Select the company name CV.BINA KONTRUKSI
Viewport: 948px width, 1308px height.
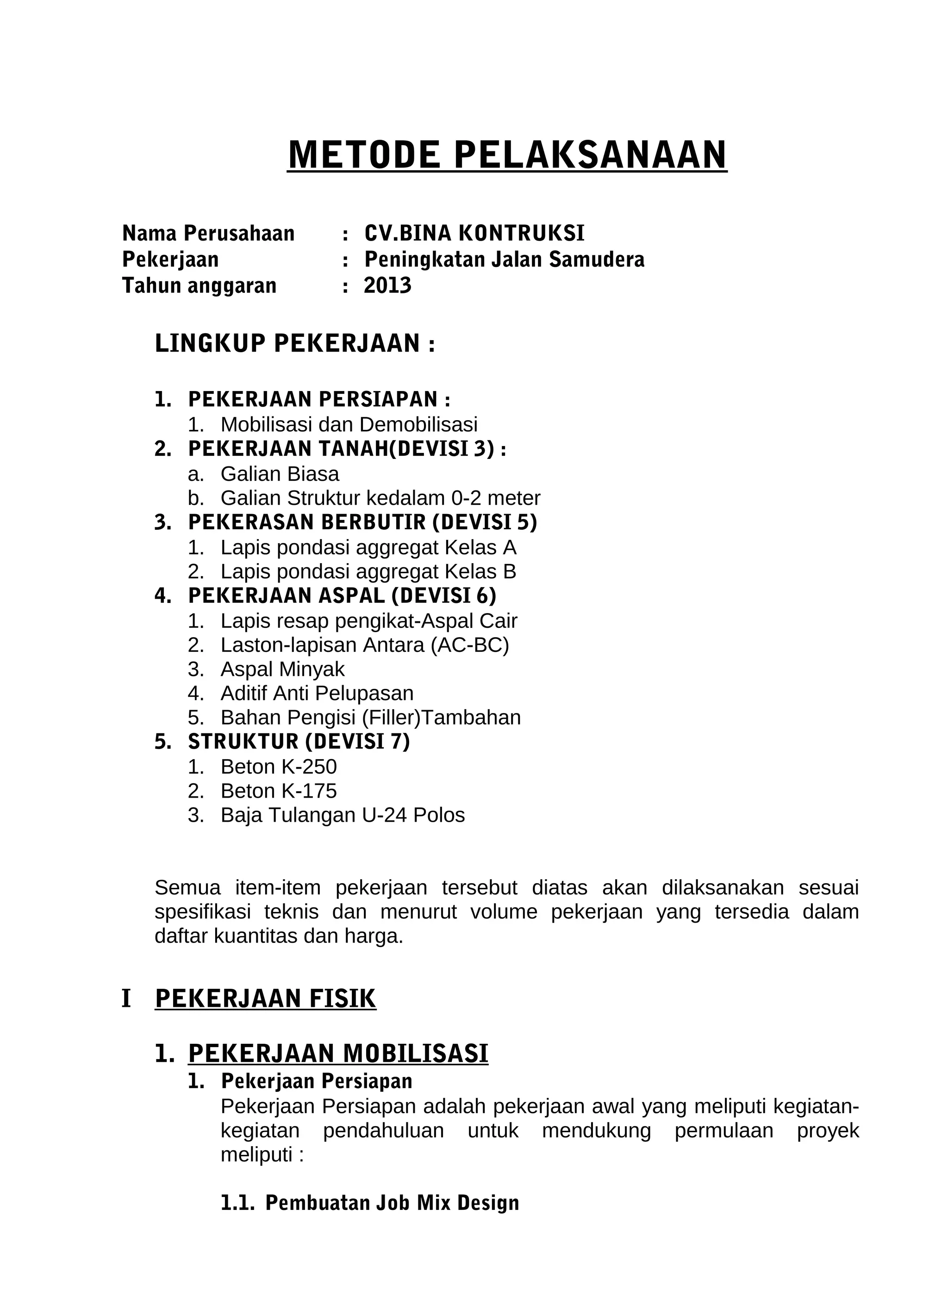click(474, 234)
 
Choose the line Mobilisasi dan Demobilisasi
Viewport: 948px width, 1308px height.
click(349, 424)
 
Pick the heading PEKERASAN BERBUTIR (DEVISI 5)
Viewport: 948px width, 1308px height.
click(362, 522)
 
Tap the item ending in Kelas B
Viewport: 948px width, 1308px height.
click(368, 571)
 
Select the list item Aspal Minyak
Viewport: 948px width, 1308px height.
click(282, 669)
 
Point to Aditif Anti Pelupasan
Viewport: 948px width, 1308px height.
click(317, 693)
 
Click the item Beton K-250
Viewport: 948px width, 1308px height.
click(278, 767)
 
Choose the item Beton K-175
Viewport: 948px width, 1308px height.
click(278, 791)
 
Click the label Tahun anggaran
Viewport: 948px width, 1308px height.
click(199, 285)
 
